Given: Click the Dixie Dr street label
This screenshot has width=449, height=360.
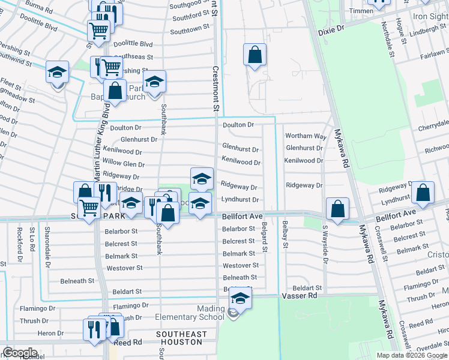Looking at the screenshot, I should click(x=332, y=28).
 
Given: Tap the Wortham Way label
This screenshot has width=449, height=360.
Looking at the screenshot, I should click(x=306, y=137).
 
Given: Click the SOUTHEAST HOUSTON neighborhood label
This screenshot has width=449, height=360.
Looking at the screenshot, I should click(x=181, y=338).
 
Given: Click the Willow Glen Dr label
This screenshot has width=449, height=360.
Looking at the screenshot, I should click(x=124, y=164).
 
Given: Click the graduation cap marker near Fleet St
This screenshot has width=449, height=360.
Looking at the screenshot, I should click(x=58, y=74).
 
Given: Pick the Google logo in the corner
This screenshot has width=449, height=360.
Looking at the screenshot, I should click(x=20, y=353).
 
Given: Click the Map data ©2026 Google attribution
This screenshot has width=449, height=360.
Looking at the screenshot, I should click(x=412, y=355).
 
